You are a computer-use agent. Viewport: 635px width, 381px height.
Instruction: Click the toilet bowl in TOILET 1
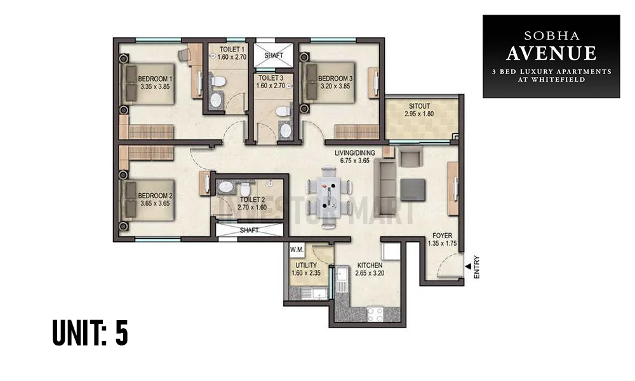218,81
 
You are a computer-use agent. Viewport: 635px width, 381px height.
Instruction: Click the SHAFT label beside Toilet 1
274,55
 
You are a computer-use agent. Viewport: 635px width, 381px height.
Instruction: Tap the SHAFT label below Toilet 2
249,231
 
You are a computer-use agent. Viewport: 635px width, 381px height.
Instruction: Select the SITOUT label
419,106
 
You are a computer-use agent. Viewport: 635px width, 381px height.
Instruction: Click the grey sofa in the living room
385,179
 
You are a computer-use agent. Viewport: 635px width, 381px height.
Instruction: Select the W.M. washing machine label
297,250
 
